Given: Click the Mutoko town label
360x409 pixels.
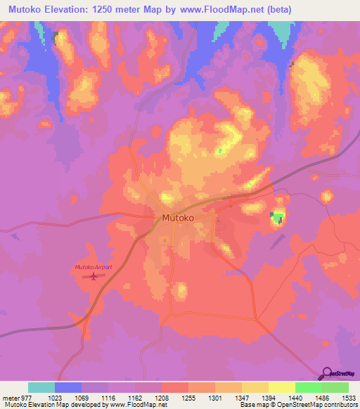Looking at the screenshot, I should [179, 218].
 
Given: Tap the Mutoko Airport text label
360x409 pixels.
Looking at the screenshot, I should [93, 267].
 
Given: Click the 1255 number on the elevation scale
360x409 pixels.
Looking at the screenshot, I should [188, 397].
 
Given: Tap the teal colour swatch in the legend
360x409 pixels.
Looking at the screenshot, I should [41, 387].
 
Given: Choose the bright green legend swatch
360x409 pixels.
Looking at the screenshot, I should [308, 387].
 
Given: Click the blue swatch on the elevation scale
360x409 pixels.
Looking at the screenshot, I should [67, 387].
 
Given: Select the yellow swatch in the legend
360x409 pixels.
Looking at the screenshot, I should [281, 387].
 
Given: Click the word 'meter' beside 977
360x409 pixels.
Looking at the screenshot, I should [10, 397].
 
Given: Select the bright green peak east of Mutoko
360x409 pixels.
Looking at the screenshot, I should [278, 218].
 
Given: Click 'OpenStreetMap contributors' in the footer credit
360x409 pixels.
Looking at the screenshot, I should [321, 405].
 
